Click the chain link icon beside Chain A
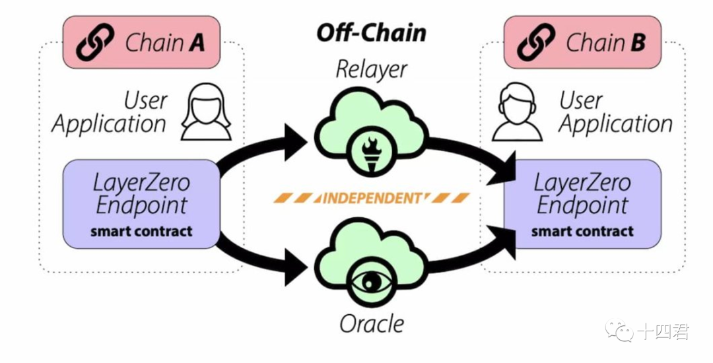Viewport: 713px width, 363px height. click(x=96, y=43)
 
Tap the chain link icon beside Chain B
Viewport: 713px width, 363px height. click(x=537, y=43)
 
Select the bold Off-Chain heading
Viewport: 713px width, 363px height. click(x=372, y=33)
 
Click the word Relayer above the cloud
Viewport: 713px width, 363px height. click(x=372, y=69)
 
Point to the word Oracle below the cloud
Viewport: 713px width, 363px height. click(x=372, y=323)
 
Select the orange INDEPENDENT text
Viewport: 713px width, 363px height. click(x=372, y=197)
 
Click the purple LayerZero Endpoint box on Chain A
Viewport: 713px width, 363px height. click(x=141, y=204)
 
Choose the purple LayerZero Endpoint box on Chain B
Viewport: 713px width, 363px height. click(x=582, y=204)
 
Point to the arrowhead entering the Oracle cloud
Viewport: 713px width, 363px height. click(x=295, y=267)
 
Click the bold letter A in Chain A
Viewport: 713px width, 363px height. click(x=197, y=44)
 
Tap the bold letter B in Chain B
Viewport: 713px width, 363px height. click(x=638, y=44)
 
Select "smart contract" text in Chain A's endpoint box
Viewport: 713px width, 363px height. click(x=141, y=232)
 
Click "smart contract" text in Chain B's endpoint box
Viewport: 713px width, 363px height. click(x=582, y=232)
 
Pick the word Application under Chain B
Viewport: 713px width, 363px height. click(x=616, y=124)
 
